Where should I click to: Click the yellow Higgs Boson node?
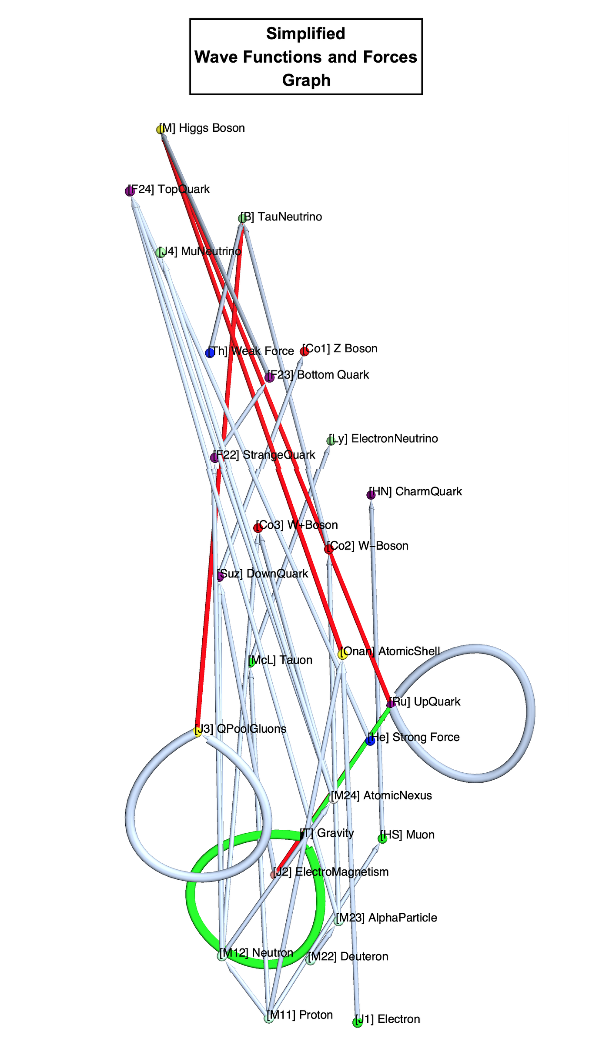pos(161,130)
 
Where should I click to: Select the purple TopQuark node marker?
pos(130,191)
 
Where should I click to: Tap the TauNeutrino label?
pos(289,217)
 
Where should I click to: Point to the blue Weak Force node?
pos(210,353)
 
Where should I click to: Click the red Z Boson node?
pos(304,351)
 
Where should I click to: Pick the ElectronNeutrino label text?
pos(394,438)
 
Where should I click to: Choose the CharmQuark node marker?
pos(371,495)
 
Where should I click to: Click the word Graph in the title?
pos(306,80)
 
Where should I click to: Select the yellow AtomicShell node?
pos(343,654)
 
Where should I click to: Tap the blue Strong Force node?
pos(370,741)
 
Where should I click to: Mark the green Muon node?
pos(382,839)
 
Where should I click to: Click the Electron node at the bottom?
pos(358,1022)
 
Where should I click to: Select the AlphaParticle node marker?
pos(339,921)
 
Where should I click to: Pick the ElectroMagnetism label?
pos(341,872)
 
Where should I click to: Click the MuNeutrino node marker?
pos(161,253)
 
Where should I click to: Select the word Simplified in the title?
pos(306,33)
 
